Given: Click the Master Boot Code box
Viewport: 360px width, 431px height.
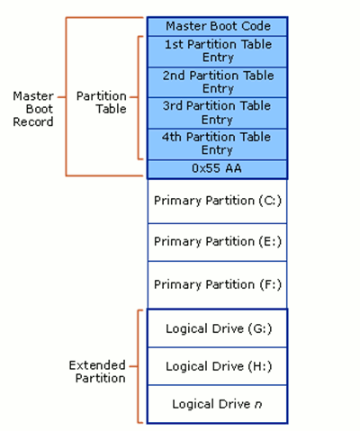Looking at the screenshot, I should pos(217,26).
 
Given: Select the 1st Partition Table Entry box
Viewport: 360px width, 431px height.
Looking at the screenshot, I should pos(217,51).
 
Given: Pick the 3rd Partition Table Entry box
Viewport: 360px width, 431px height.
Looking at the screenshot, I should pos(217,112).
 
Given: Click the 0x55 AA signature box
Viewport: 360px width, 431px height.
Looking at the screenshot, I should pos(217,169).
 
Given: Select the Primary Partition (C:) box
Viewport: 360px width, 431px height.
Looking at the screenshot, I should pos(217,201).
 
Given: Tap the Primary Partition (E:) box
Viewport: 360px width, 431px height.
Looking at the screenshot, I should pos(217,242).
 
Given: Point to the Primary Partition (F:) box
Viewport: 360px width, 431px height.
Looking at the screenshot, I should pos(217,284).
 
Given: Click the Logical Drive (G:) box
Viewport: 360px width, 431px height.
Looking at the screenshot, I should pos(217,329).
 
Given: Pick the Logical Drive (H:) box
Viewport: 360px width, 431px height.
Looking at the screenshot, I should pos(217,366).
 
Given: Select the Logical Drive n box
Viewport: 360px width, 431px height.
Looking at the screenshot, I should pos(217,404).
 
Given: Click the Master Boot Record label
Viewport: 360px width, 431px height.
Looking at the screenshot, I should pos(32,108).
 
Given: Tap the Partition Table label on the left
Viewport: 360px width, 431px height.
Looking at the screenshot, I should pos(101,102).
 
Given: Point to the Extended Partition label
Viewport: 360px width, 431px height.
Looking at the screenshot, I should pos(97,372).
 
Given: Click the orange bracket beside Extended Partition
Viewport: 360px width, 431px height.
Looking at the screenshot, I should pos(138,366).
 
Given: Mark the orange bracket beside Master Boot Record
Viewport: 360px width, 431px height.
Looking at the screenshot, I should pos(67,96).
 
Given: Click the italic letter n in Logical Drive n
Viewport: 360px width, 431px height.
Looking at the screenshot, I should pos(258,405).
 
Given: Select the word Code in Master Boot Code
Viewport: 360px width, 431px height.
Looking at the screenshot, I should pos(253,26).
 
